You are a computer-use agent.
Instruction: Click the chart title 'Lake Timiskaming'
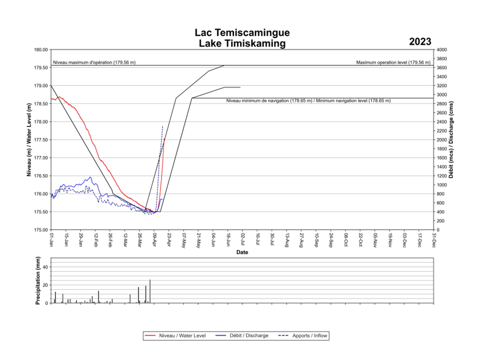coord(242,44)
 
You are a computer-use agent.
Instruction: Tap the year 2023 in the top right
coord(420,42)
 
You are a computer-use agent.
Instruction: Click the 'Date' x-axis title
coord(242,253)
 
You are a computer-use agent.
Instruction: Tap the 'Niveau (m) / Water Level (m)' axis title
coord(29,140)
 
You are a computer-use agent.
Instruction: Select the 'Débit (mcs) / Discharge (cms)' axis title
coord(452,140)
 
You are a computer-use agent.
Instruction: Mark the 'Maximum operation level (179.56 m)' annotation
coord(393,62)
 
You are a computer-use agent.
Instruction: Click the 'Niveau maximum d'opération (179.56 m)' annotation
coord(94,62)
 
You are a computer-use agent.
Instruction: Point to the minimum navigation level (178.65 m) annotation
coord(308,101)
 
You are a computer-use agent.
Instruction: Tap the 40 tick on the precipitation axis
coord(46,267)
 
